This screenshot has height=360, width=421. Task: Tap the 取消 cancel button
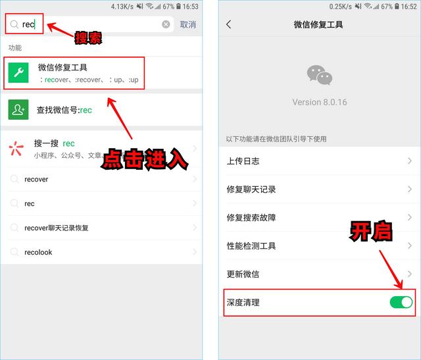(187, 25)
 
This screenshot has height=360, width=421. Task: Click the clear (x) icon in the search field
(166, 24)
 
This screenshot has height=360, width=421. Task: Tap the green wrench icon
(18, 72)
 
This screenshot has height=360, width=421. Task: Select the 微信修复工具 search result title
(62, 67)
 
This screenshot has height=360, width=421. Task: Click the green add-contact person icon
(18, 110)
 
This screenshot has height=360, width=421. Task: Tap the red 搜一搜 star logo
(16, 148)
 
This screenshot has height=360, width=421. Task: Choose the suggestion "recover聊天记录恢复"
(57, 228)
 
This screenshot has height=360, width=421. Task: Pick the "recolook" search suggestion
(38, 252)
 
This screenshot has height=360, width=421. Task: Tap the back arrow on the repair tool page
(229, 24)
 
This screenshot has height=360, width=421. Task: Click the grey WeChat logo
(320, 75)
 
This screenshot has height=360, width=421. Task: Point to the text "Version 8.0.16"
(320, 102)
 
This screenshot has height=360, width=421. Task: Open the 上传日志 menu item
(243, 161)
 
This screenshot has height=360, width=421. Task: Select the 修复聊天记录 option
(251, 190)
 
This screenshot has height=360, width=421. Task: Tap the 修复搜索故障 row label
(251, 218)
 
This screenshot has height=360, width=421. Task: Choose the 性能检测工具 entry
(251, 246)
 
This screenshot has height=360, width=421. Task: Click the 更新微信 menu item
(243, 274)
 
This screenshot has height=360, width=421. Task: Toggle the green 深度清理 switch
(401, 302)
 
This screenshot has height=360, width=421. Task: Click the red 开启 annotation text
(371, 232)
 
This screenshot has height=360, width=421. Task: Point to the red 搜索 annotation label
(88, 38)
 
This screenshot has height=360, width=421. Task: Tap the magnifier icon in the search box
(14, 24)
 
